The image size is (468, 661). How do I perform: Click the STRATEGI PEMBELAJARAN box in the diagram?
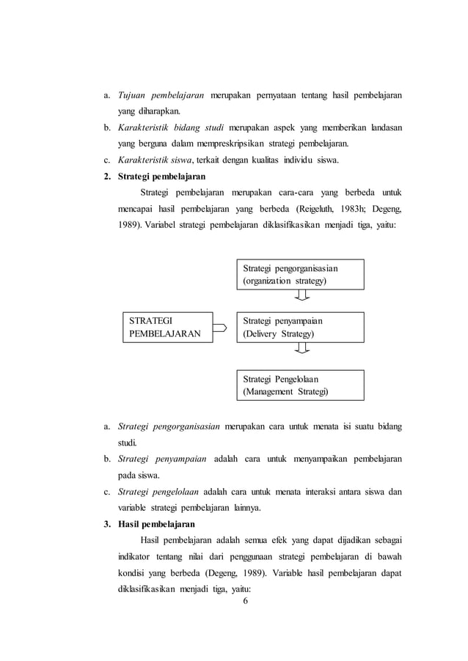166,327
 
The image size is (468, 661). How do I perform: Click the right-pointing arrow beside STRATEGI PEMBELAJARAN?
219,328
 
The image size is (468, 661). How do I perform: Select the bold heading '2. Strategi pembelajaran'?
155,177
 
